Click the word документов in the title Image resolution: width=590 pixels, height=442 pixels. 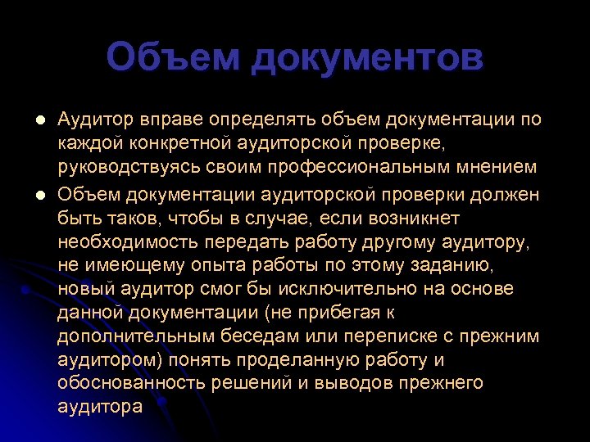tap(367, 59)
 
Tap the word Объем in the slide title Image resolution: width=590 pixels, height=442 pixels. tap(171, 59)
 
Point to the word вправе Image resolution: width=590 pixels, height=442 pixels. tap(167, 120)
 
